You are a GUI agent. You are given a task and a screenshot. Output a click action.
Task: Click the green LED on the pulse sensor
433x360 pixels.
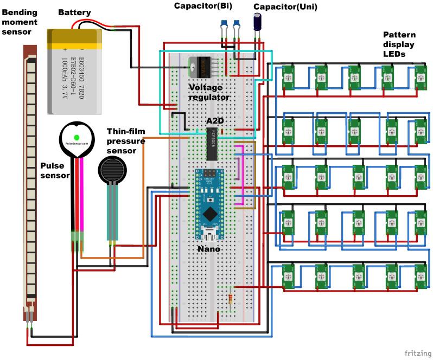click(77, 137)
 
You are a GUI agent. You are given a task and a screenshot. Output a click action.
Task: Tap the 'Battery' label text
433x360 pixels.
click(74, 12)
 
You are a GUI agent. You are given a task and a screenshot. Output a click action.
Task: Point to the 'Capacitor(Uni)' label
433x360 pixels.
click(286, 7)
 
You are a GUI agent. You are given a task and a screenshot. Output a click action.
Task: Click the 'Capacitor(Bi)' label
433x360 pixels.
click(204, 6)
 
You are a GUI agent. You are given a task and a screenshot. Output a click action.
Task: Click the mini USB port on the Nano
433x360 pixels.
click(210, 235)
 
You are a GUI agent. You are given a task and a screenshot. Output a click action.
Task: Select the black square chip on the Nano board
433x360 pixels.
click(210, 211)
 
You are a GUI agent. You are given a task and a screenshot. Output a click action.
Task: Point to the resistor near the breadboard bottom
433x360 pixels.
click(233, 297)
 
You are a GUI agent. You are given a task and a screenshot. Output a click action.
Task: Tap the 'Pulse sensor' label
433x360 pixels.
click(55, 170)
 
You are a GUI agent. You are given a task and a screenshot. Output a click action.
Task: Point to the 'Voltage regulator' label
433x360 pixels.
click(209, 92)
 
